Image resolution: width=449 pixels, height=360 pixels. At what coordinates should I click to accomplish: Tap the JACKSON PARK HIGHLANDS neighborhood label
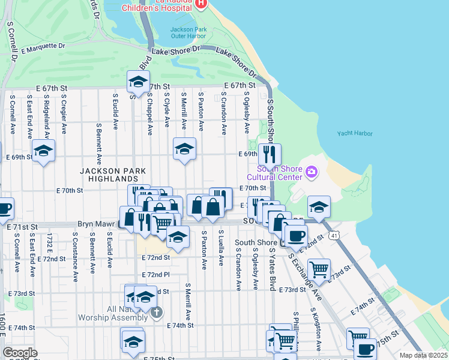[113, 175]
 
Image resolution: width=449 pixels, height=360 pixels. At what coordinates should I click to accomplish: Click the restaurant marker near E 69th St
[270, 154]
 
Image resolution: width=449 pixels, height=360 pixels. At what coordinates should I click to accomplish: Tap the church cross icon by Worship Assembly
[156, 312]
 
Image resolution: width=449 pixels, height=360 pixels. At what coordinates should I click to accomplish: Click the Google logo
[20, 353]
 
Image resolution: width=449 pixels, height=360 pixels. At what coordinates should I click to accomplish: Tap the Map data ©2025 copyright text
[423, 355]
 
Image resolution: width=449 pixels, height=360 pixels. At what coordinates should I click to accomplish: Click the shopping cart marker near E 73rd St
[319, 269]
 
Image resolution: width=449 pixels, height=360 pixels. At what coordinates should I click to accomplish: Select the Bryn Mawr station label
[97, 224]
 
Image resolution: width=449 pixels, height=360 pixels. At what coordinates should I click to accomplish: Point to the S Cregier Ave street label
[63, 113]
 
